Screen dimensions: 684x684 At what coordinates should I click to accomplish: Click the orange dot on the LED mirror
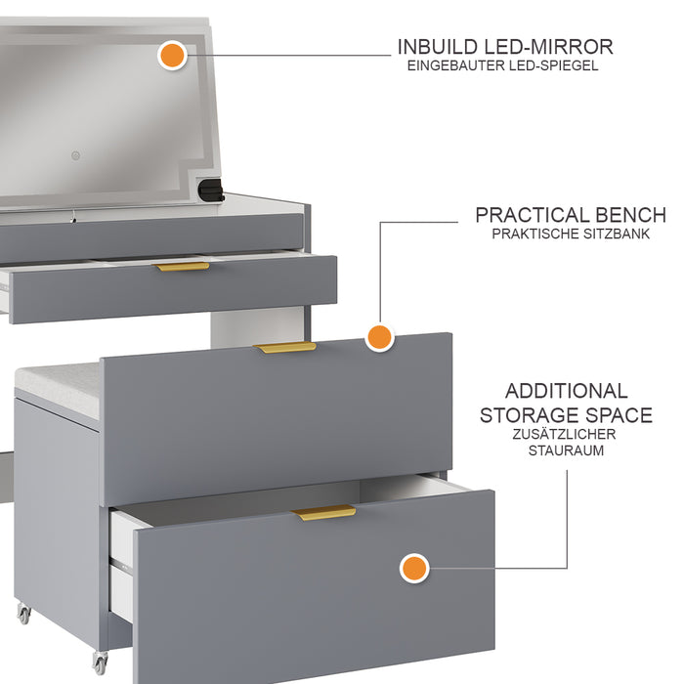coord(172,55)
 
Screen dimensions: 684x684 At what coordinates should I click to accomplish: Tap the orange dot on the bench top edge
coord(379,338)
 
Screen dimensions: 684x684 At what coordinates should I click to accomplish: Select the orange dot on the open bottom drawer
coord(414,568)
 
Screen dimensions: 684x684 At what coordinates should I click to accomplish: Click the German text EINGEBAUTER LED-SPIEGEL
coord(503,66)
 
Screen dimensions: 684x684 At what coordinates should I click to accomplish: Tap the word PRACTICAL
coord(533,215)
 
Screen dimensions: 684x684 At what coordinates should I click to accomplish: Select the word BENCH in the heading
coord(631,215)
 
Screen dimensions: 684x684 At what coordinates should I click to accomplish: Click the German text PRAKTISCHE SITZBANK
coord(571,235)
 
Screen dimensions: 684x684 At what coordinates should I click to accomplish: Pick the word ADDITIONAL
coord(567,391)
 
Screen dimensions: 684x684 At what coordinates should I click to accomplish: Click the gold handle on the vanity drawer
coord(182,266)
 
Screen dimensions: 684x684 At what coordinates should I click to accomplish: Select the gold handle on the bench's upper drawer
coord(285,347)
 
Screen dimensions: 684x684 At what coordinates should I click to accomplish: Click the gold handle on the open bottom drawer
coord(324,513)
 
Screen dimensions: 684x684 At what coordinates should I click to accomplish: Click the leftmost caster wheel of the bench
coord(23,615)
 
